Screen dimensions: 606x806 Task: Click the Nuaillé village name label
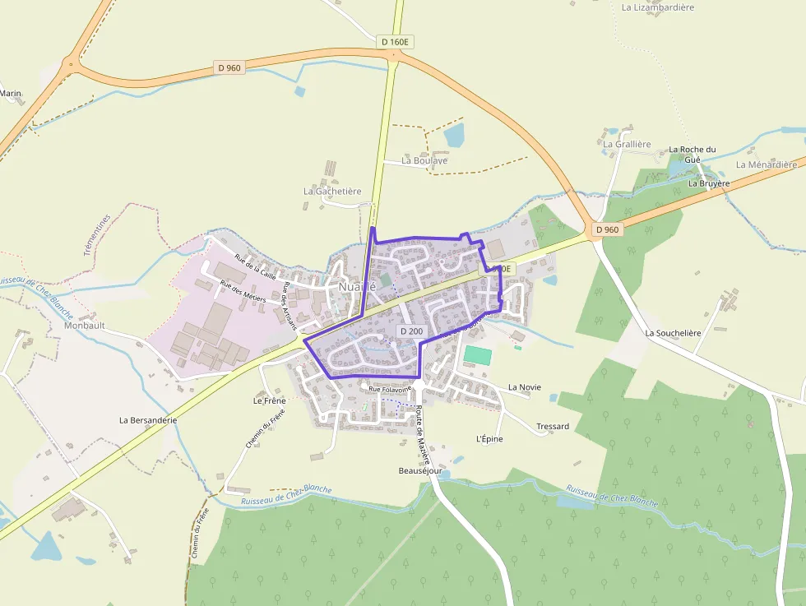(357, 287)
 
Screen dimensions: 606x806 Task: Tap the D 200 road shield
(411, 331)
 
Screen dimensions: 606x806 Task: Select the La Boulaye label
(424, 160)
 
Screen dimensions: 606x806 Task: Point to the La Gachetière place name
(332, 191)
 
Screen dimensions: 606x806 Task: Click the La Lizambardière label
(658, 7)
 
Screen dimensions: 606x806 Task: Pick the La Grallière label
(627, 144)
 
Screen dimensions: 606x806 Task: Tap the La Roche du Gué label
(692, 154)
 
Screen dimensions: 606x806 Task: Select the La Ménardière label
(767, 164)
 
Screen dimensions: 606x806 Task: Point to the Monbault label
(85, 325)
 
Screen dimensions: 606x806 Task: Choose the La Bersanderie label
(148, 419)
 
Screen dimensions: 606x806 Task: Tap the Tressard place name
(553, 427)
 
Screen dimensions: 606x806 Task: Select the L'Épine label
(489, 438)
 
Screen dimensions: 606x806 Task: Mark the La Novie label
(525, 386)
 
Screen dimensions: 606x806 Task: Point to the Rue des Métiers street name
(243, 291)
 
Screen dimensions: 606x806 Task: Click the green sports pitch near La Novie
(478, 356)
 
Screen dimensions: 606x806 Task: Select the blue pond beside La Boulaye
(453, 134)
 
